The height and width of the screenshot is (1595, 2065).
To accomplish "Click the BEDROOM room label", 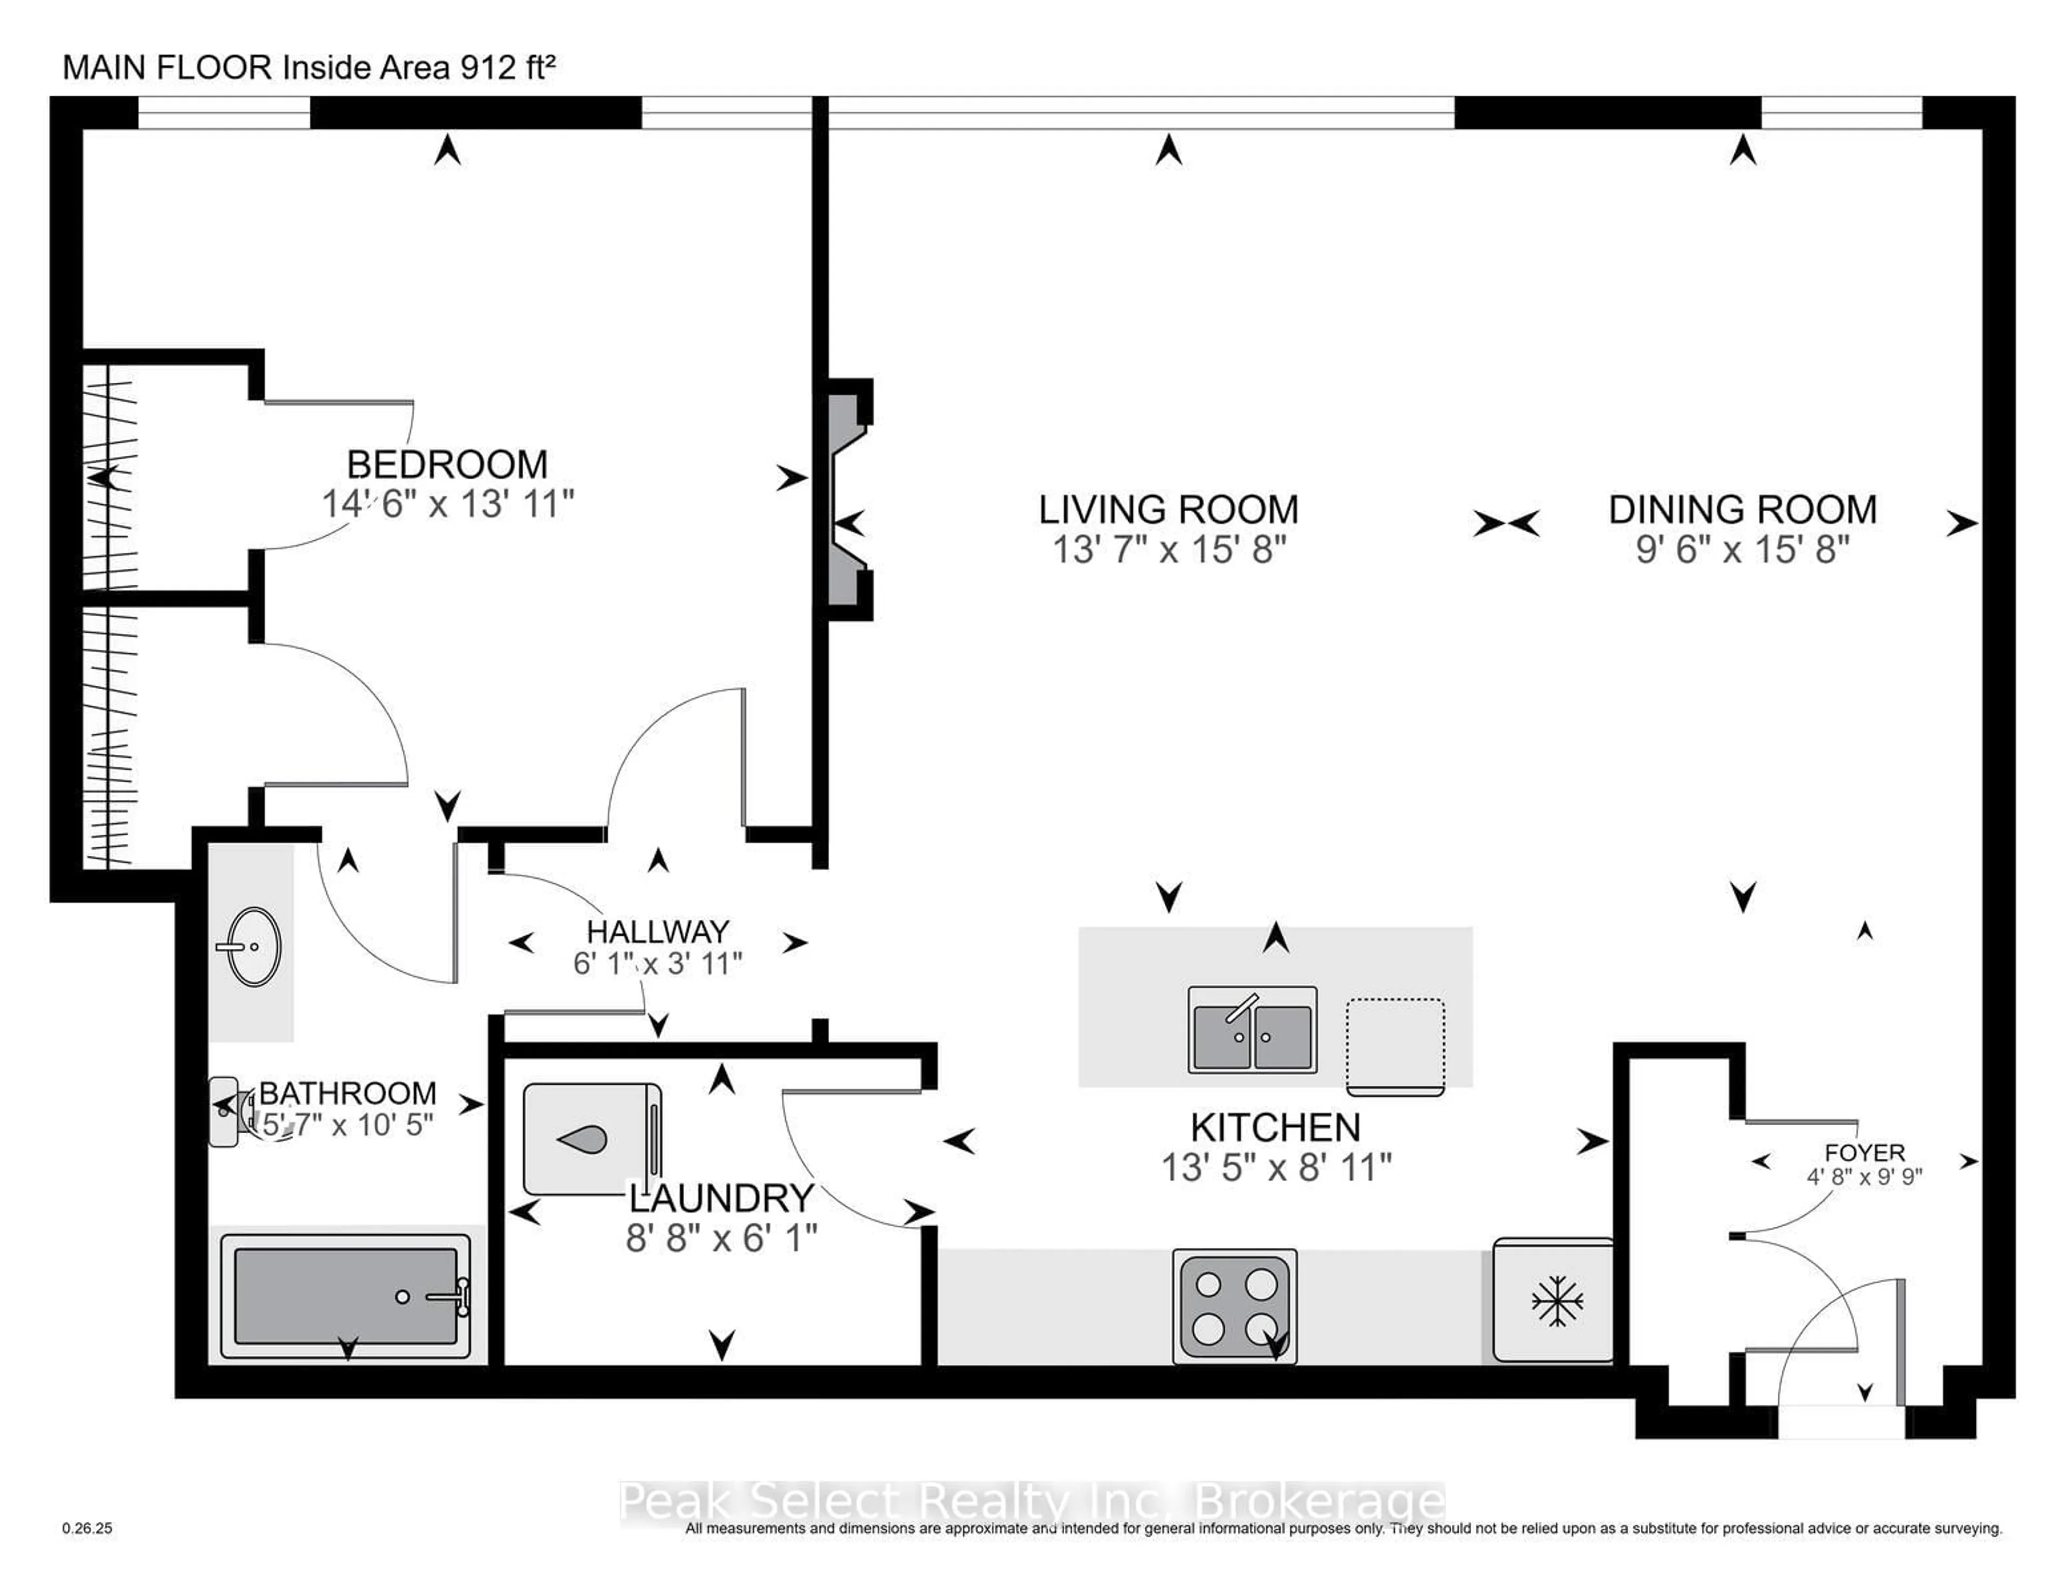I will click(447, 464).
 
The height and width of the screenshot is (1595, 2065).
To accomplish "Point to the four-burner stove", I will click(1234, 1307).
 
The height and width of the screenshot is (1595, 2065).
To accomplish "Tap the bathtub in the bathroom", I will click(346, 1295).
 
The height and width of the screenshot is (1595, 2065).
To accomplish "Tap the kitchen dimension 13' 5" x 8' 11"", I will click(1276, 1168).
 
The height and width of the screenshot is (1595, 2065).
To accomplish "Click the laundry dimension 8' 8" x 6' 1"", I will click(722, 1238).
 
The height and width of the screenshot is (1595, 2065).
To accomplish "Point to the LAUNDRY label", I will click(722, 1198).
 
